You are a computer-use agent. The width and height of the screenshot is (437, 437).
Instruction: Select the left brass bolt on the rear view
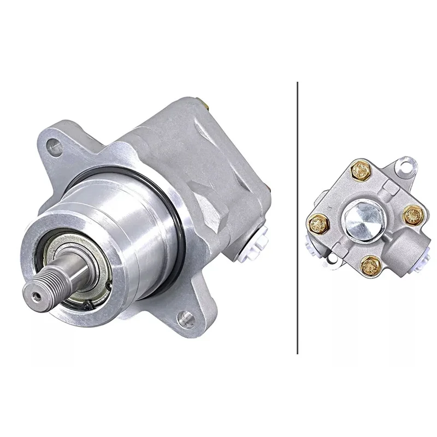(x=318, y=223)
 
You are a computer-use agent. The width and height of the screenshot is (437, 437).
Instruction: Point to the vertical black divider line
(x=297, y=218)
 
